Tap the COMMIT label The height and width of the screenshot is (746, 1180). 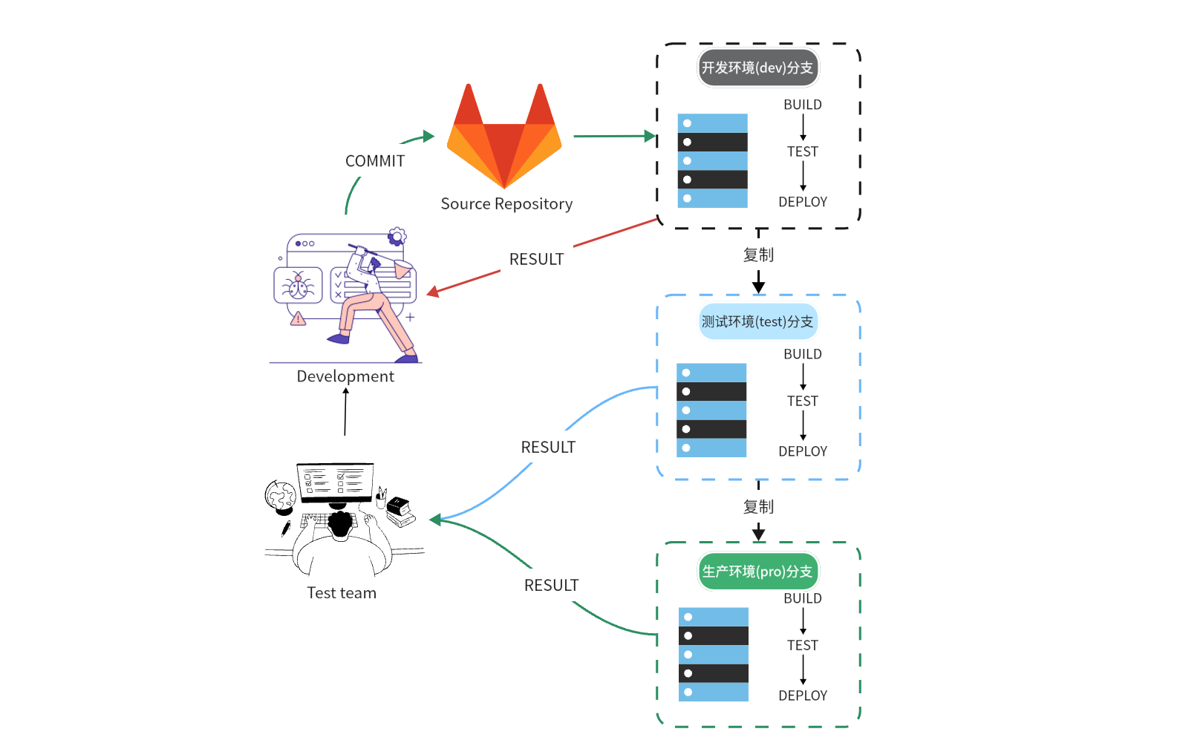(375, 161)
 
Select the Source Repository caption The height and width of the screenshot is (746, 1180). (506, 204)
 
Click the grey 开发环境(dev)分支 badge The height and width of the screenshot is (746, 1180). (757, 68)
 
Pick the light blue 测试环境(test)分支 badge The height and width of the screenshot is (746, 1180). (757, 321)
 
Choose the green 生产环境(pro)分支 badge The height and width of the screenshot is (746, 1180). (757, 572)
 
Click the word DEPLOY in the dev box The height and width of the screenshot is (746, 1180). (803, 202)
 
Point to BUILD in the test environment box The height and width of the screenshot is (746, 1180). (803, 354)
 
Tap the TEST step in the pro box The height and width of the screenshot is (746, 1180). (803, 646)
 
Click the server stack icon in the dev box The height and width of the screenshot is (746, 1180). (713, 160)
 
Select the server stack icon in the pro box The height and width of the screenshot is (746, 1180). (714, 655)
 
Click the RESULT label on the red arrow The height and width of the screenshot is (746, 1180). (536, 260)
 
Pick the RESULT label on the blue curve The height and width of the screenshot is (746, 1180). (548, 448)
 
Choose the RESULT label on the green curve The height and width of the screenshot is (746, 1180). (551, 586)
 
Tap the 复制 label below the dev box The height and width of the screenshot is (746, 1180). (758, 255)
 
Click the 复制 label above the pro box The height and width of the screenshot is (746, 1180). (758, 507)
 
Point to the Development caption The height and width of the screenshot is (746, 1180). (345, 376)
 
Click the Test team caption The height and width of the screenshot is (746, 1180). (342, 593)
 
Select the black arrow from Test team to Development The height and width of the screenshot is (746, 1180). (345, 412)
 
